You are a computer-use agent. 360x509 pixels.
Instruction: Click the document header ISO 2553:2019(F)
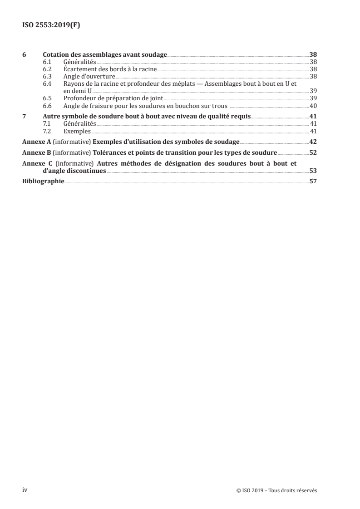click(52, 26)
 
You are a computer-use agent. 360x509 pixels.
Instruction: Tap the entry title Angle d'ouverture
click(89, 77)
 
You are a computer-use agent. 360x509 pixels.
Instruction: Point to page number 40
click(313, 106)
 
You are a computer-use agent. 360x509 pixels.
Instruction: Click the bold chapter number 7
click(24, 116)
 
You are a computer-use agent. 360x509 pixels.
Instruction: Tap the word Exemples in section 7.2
click(77, 131)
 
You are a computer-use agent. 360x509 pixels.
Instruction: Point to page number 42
click(313, 142)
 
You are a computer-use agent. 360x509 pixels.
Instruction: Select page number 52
click(313, 152)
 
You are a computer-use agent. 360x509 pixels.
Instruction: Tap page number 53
click(313, 171)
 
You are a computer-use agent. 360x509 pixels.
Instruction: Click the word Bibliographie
click(43, 181)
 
